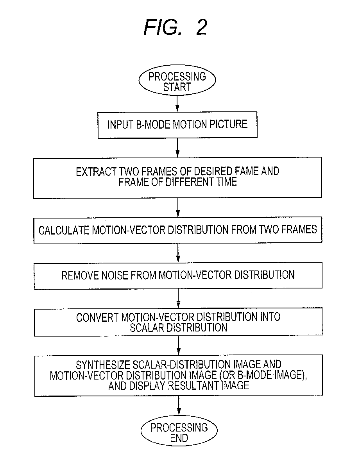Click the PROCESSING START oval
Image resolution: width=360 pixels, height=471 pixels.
(177, 81)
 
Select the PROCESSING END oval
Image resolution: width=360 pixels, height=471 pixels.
(179, 432)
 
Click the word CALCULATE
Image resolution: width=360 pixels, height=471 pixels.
(64, 230)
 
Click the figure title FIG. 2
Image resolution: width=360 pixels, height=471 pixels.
(176, 27)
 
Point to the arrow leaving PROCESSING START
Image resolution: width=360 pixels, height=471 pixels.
(177, 102)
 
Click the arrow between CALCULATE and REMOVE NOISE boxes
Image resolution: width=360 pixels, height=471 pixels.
(178, 253)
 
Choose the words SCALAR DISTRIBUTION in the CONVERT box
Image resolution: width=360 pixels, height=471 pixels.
(178, 327)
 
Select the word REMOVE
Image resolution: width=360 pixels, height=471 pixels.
(77, 275)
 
